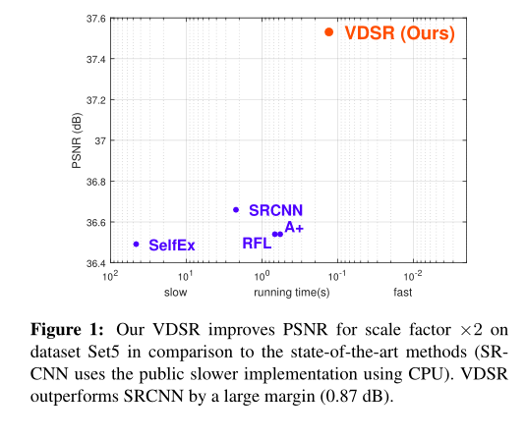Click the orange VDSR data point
click(329, 32)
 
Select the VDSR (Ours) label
click(399, 33)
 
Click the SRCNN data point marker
click(236, 209)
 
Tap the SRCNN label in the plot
click(275, 210)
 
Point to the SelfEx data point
click(136, 244)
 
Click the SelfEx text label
click(172, 245)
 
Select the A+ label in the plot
click(294, 228)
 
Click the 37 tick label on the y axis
click(97, 140)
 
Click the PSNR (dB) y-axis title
click(75, 140)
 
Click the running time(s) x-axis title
click(292, 293)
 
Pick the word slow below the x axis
click(176, 293)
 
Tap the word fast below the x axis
click(401, 293)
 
